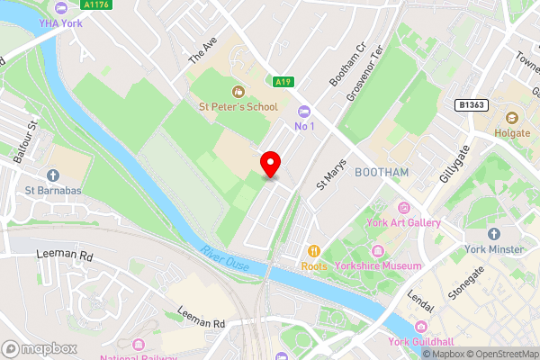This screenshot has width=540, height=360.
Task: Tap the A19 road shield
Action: tap(284, 82)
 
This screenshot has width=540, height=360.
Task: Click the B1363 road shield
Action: tap(471, 105)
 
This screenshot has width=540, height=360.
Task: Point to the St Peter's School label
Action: tap(238, 106)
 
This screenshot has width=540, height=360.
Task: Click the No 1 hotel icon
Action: tap(305, 111)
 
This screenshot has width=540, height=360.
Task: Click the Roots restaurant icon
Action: tap(314, 251)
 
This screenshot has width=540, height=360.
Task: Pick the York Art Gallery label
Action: tap(402, 223)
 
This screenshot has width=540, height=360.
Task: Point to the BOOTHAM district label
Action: tap(382, 172)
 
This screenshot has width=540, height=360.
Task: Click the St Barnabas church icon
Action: tap(53, 175)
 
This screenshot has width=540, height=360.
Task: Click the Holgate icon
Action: tap(512, 117)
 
